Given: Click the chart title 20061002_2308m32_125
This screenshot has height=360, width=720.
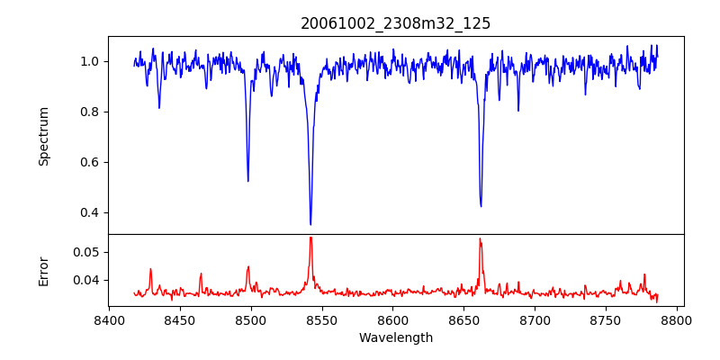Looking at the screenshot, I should click(x=396, y=23).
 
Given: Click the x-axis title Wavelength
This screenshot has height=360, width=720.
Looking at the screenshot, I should click(x=396, y=338).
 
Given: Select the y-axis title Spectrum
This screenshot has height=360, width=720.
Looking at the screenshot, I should click(x=44, y=136).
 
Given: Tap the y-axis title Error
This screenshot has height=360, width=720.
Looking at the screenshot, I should click(x=44, y=271).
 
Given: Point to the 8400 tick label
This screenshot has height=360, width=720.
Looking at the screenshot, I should click(x=109, y=319).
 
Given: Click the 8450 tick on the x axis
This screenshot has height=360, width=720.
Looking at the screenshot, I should click(x=180, y=319).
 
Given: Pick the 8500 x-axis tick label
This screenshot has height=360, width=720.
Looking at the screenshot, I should click(x=251, y=319).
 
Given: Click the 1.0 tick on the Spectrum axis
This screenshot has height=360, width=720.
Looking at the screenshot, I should click(x=91, y=61).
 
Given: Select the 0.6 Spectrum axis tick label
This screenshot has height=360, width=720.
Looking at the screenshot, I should click(x=91, y=162).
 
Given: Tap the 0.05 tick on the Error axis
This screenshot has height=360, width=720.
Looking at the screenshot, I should click(x=87, y=252).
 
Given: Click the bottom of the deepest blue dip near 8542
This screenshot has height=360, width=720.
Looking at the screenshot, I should click(x=310, y=224).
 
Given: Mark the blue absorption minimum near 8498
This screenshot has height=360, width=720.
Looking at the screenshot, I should click(x=248, y=181).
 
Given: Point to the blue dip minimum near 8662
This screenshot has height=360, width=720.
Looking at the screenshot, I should click(x=481, y=206).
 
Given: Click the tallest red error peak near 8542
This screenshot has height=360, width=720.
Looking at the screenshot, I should click(x=310, y=238).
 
